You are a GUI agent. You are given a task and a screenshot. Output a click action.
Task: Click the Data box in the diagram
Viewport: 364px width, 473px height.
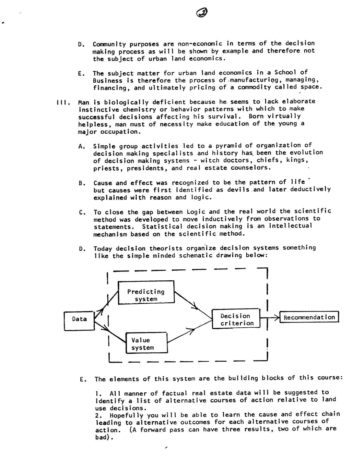tap(79, 320)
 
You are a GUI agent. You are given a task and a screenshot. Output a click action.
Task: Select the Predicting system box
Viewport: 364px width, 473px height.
tap(146, 292)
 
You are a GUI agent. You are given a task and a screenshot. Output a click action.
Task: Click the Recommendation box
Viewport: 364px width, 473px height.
tap(309, 317)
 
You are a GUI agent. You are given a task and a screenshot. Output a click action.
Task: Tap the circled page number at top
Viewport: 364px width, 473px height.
tap(202, 13)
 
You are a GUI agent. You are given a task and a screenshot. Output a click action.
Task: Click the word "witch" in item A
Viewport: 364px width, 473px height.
tap(210, 160)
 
